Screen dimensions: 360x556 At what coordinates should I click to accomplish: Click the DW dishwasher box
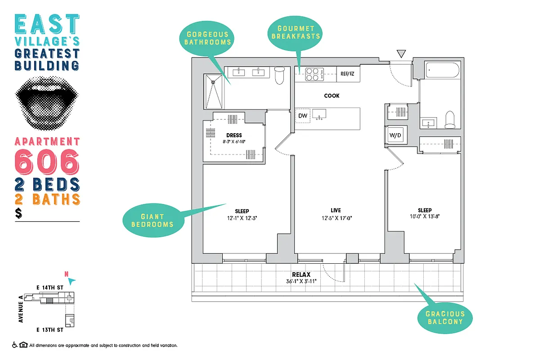coord(303,116)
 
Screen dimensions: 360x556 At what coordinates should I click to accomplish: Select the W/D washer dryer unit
coord(395,135)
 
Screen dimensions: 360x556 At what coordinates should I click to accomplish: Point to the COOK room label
coord(332,96)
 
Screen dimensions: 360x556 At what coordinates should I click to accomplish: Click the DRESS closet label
coord(234,135)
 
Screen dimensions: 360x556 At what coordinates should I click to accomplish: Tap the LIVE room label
coord(336,210)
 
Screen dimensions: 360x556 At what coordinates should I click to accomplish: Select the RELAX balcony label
coord(301,274)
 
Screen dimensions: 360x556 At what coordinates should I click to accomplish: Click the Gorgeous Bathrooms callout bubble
coord(208,38)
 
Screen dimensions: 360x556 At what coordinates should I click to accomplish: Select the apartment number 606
coord(47,162)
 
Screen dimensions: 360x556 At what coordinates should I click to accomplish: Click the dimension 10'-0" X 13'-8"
coord(424,216)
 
